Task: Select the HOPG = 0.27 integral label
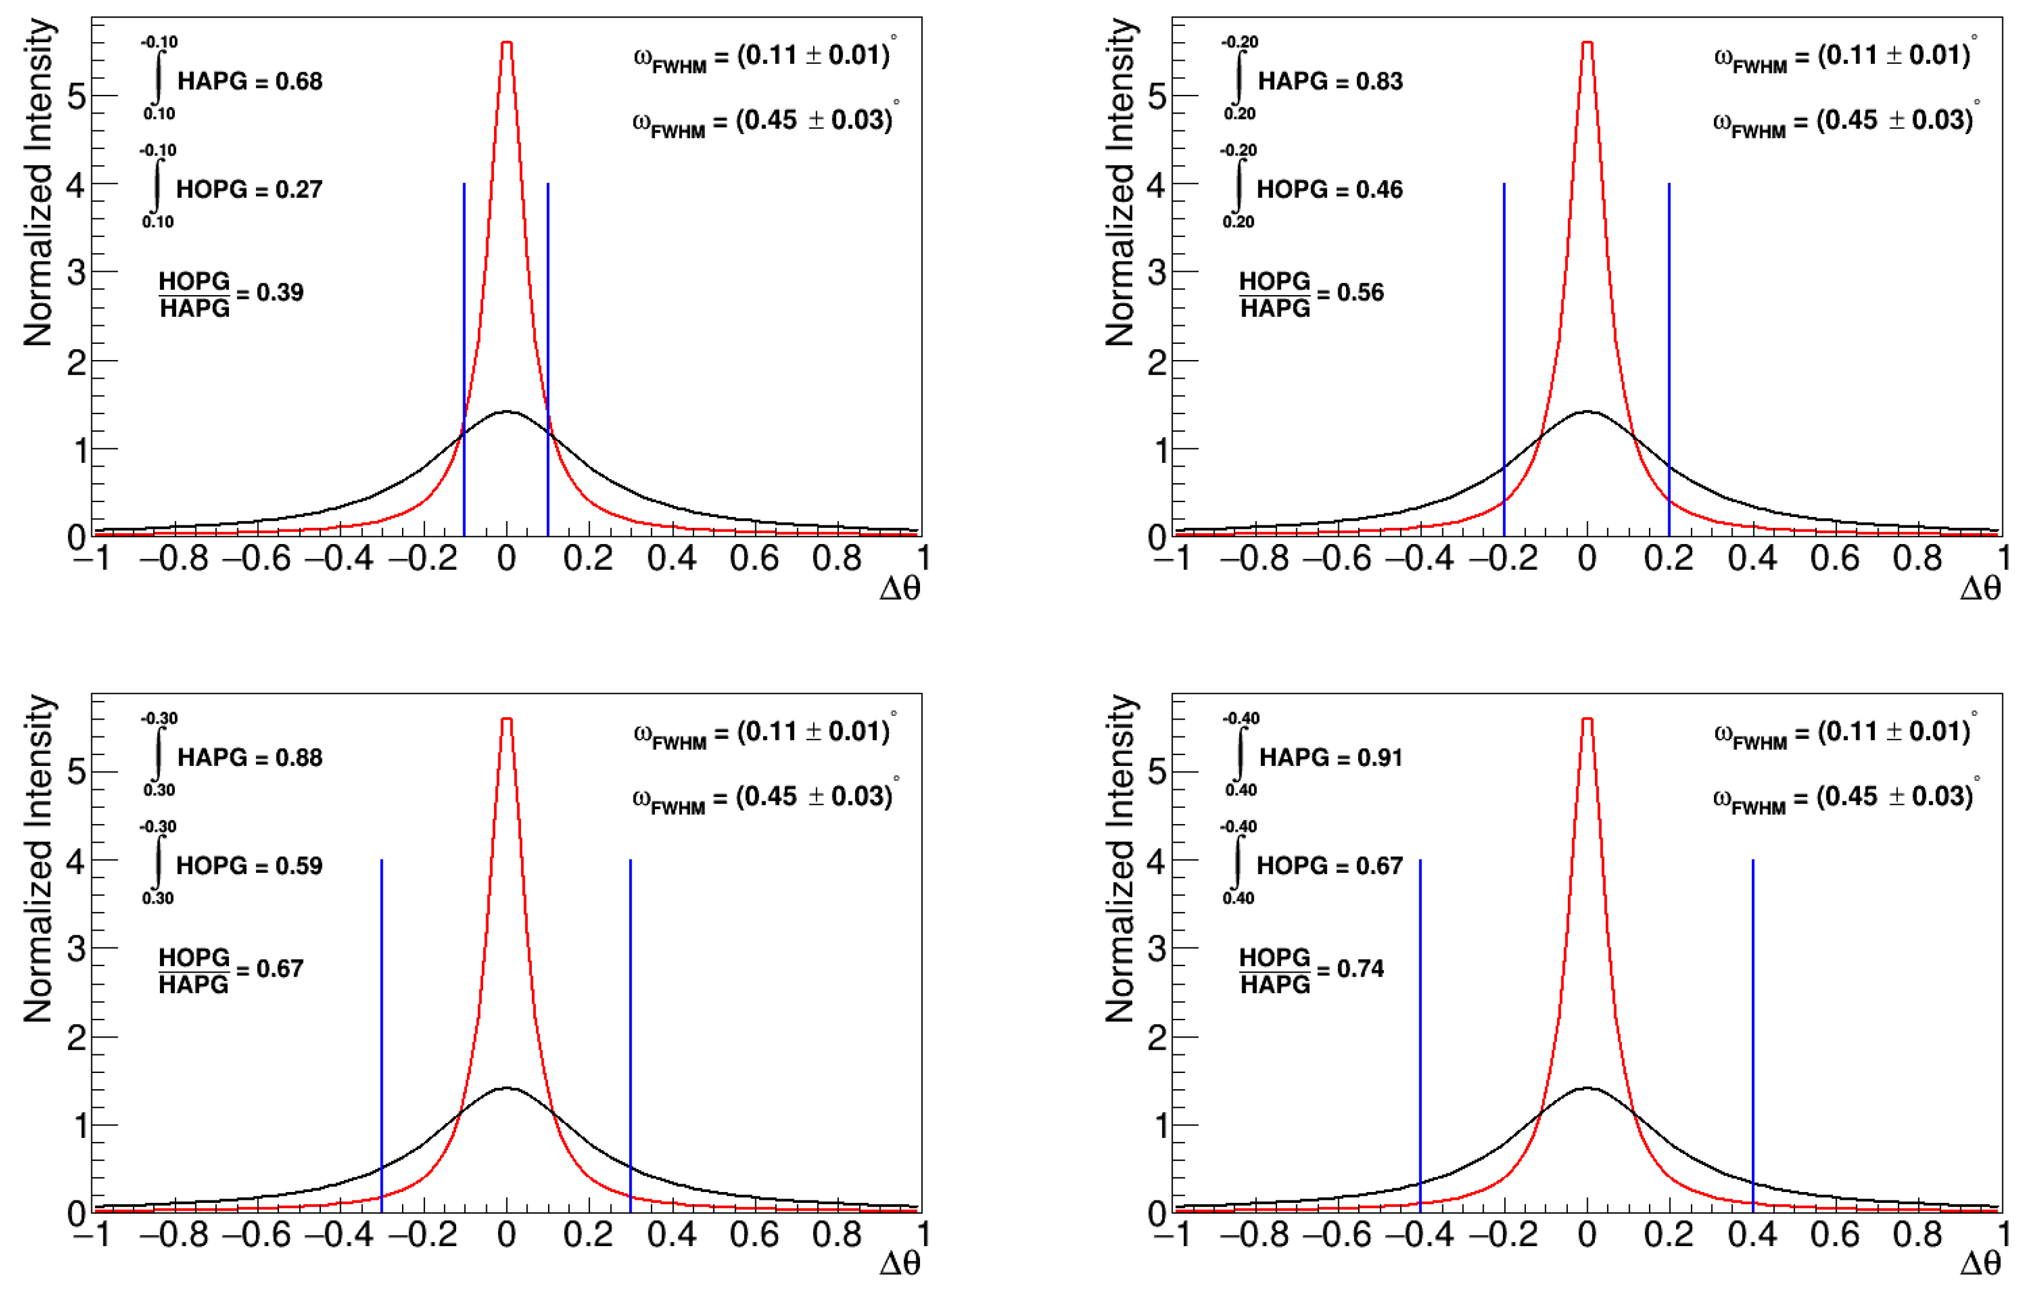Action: [249, 189]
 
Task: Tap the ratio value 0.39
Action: [280, 293]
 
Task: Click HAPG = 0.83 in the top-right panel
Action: [1330, 82]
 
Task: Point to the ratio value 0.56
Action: [1360, 293]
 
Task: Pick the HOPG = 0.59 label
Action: [249, 866]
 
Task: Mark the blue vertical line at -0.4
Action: [1421, 1034]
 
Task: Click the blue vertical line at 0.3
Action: [630, 1034]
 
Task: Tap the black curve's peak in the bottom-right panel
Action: [1587, 1088]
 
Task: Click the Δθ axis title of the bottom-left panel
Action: [900, 1264]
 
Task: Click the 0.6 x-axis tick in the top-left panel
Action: [754, 558]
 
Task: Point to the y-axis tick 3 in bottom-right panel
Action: [1157, 949]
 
